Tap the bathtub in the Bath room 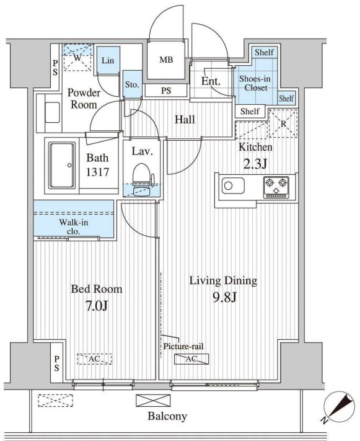(62, 166)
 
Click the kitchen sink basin (233, 186)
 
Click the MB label (167, 60)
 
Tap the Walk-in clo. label (74, 226)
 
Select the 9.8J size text (224, 297)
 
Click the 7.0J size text (97, 306)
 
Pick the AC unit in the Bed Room (94, 359)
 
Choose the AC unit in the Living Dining (191, 359)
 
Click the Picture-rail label (183, 346)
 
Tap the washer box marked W (78, 58)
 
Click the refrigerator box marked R (283, 123)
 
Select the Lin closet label (108, 60)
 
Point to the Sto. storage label (132, 84)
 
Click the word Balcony (167, 416)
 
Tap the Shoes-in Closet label (255, 83)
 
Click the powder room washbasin (52, 112)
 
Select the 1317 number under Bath (97, 172)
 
